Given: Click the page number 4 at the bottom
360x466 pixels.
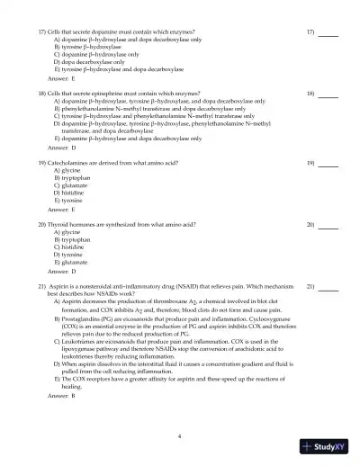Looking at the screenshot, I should point(180,435).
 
